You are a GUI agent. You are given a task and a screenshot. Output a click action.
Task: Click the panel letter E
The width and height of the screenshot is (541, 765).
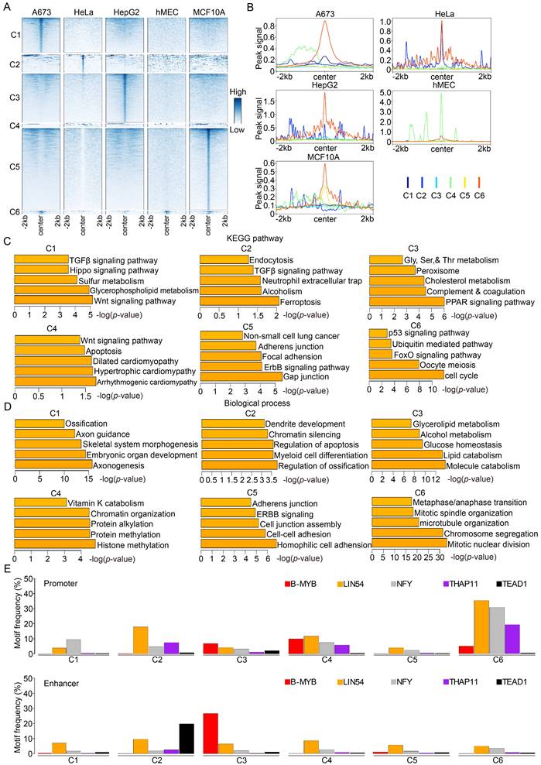pyautogui.click(x=8, y=568)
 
